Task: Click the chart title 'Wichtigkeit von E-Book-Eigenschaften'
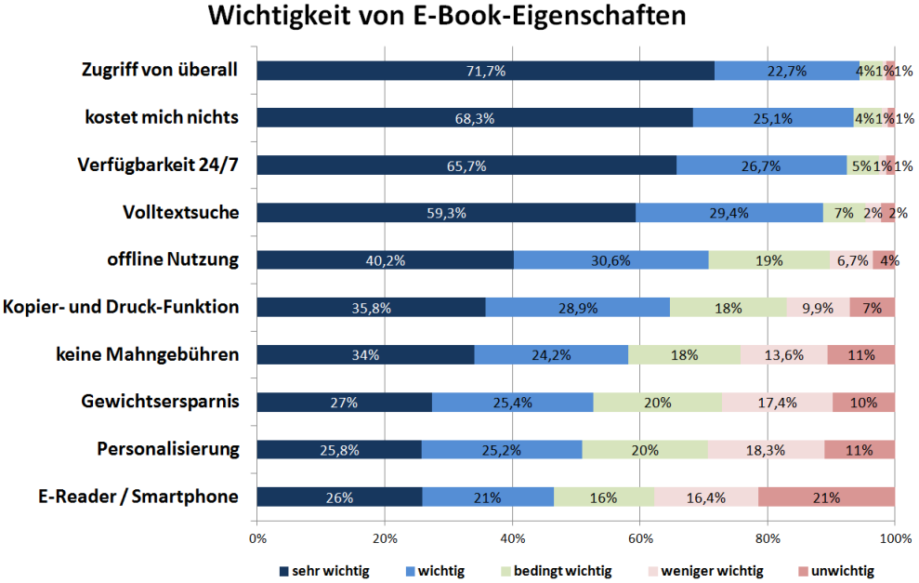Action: [447, 17]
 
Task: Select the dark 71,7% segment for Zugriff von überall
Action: [485, 71]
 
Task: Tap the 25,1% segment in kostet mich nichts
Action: [773, 118]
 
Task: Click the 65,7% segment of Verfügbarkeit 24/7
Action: [466, 166]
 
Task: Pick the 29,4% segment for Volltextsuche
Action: [729, 213]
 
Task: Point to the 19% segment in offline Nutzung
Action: [769, 260]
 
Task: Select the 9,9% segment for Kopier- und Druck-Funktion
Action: [818, 308]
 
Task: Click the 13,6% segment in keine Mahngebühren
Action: [783, 355]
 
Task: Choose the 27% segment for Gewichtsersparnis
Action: [344, 402]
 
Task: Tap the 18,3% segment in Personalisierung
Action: [766, 449]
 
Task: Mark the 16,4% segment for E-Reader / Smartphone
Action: [705, 497]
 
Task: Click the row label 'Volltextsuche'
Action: [181, 213]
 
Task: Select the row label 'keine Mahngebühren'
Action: [160, 354]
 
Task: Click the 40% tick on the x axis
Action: [512, 537]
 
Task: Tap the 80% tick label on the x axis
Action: [767, 537]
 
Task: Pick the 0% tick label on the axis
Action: [257, 537]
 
